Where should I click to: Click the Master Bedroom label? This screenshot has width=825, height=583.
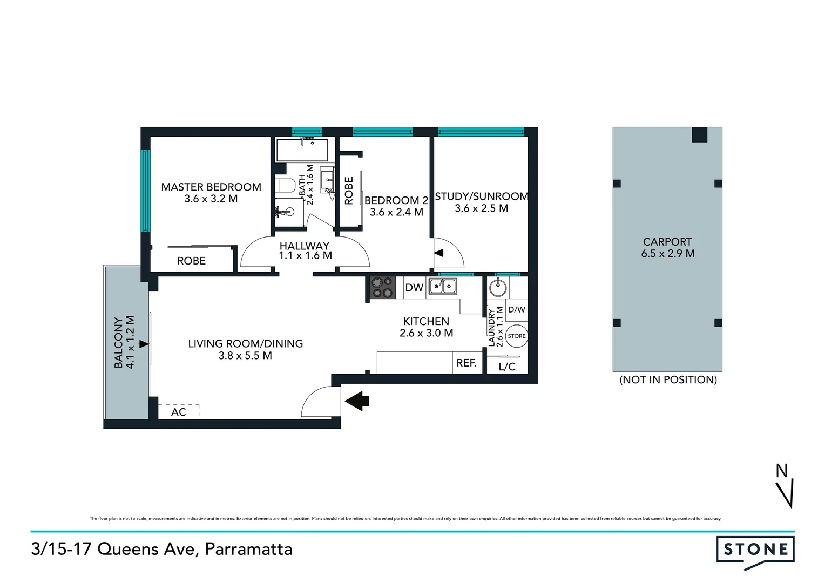point(211,187)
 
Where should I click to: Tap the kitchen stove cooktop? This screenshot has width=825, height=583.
point(383,287)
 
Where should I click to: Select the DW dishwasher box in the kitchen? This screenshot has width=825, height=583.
point(414,288)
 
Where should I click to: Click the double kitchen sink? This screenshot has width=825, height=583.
point(443,287)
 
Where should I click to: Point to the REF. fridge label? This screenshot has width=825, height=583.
point(466,363)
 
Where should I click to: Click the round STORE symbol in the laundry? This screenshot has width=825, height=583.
point(517,336)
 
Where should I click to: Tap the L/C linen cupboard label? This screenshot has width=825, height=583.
point(507,367)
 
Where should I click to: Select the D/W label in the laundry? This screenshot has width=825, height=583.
point(517,310)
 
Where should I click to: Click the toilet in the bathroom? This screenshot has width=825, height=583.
point(285,186)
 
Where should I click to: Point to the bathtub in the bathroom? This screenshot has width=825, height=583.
point(302,150)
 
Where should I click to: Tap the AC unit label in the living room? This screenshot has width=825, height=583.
point(179,412)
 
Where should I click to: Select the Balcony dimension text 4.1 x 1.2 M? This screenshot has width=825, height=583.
point(130,342)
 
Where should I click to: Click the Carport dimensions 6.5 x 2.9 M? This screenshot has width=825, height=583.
point(667,254)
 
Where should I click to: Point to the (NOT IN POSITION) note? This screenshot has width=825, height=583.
point(668,379)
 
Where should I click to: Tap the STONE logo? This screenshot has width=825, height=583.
point(755,550)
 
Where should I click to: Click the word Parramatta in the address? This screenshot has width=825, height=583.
point(249,549)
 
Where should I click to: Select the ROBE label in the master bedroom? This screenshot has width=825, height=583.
point(191,261)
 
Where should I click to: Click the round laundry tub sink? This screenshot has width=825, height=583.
point(498,288)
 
